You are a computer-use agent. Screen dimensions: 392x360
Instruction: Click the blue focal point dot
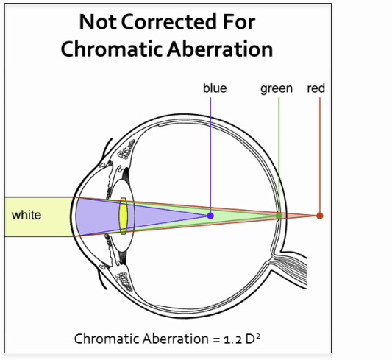coord(210,216)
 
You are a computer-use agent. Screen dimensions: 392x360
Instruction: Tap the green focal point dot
coord(279,216)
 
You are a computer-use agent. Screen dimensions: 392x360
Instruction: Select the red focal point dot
coord(319,216)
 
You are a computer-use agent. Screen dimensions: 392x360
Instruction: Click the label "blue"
coord(215,88)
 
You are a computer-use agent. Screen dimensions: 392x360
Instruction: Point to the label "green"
coord(277,89)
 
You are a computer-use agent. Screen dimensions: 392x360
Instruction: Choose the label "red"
coord(316,88)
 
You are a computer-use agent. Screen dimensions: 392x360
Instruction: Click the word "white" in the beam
coord(26,215)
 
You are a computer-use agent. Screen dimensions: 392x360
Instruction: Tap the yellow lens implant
coord(123,216)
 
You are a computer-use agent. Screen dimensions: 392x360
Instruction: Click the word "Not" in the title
coord(98,22)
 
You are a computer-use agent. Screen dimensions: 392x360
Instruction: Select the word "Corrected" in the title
coord(168,22)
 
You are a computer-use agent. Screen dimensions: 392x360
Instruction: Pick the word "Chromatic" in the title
coord(112,49)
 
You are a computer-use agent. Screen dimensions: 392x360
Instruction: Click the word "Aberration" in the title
coord(220,49)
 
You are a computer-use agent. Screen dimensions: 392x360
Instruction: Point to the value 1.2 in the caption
coord(232,339)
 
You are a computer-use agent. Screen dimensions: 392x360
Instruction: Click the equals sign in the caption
coord(217,340)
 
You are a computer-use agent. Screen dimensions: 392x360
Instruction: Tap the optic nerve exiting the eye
coord(293,269)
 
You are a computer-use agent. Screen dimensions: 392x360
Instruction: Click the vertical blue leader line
coord(210,155)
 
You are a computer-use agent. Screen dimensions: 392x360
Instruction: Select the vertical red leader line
coord(319,155)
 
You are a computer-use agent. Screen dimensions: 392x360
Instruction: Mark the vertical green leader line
coord(279,155)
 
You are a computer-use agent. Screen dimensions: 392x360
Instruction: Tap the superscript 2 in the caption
coord(258,336)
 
